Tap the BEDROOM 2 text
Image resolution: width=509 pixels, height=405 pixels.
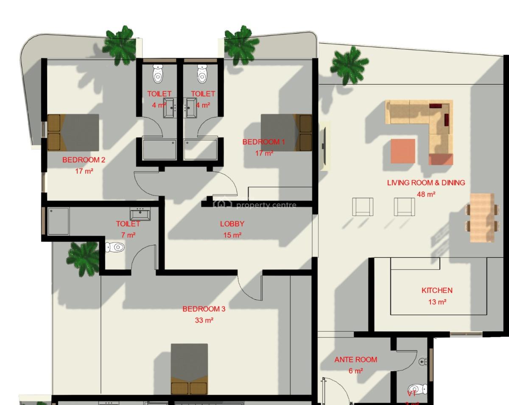point(84,160)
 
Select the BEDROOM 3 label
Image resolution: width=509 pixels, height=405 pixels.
point(204,309)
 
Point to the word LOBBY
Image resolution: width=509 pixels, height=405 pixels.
point(232,224)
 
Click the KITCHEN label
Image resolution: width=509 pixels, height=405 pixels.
point(437,290)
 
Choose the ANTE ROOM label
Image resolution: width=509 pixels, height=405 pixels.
point(355,360)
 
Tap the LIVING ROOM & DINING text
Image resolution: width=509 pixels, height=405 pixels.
point(426,183)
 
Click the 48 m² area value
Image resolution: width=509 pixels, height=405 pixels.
point(426,194)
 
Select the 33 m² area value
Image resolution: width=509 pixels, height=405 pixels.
point(204,320)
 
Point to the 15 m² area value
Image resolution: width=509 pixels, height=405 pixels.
point(232,235)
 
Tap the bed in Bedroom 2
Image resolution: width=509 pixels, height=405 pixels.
point(73,132)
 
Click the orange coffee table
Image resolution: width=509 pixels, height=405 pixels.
point(403,151)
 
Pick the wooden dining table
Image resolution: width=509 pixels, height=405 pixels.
point(482,217)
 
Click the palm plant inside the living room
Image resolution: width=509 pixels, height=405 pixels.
point(349,65)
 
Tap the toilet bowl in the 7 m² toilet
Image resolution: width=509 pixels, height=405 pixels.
point(115,247)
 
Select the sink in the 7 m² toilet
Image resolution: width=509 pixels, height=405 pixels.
point(140,214)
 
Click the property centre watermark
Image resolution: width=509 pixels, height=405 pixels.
point(255,205)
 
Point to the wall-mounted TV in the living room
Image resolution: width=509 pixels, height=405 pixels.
point(324,146)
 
